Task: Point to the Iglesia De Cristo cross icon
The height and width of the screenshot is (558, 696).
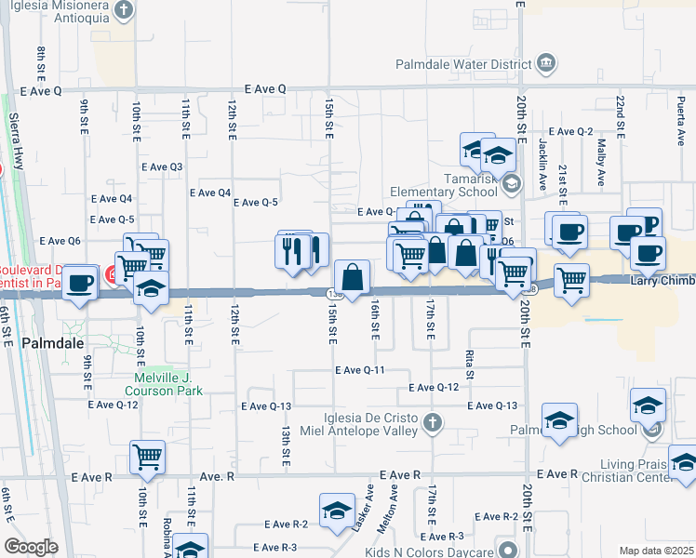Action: (x=431, y=423)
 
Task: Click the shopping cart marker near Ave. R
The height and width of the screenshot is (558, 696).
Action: (x=148, y=457)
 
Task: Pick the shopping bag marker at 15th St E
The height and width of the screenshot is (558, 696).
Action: (x=353, y=277)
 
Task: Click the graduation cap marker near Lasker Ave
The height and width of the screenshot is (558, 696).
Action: (x=336, y=510)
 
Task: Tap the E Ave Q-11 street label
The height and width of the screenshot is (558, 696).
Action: (x=361, y=370)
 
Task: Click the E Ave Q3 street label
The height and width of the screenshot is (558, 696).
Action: (x=162, y=166)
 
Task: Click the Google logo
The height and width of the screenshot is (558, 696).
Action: (x=31, y=547)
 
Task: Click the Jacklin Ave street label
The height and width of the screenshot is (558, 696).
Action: (x=542, y=164)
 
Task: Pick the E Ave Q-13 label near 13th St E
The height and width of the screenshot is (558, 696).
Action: (x=266, y=405)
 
